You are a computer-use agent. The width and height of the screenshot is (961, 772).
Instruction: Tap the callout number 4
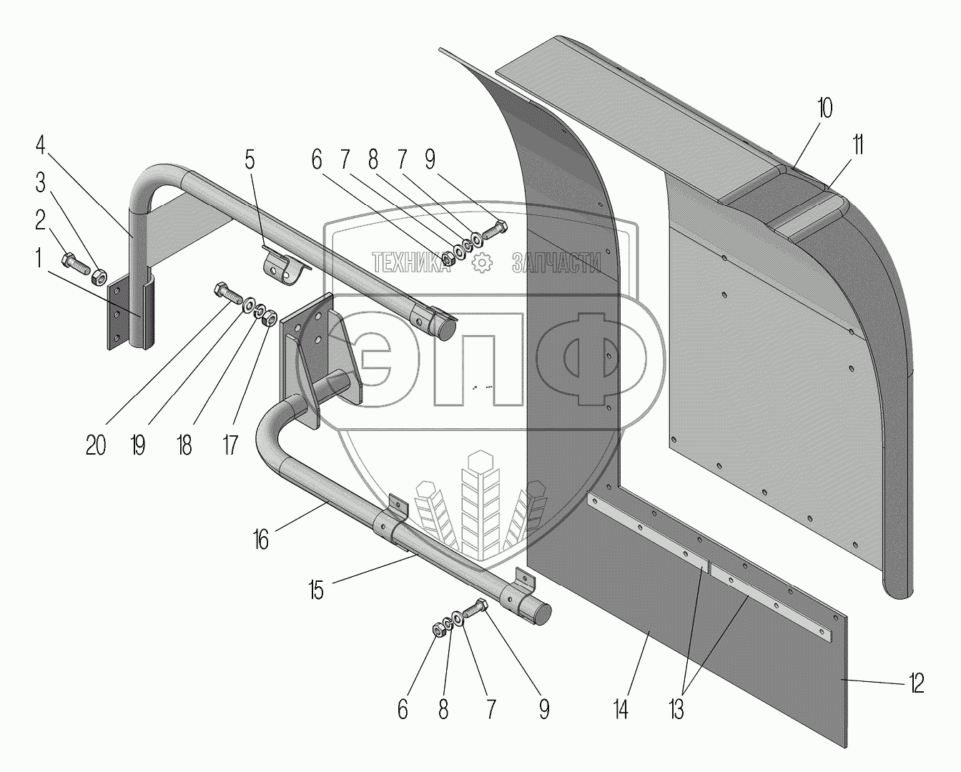[41, 150]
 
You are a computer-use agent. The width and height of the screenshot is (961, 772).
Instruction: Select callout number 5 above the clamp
[249, 159]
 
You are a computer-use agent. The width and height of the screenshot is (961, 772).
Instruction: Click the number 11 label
[857, 145]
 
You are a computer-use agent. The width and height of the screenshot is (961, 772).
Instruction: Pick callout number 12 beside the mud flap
[917, 683]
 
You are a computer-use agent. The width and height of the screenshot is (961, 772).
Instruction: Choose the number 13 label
[676, 710]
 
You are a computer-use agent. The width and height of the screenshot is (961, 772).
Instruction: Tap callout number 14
[621, 710]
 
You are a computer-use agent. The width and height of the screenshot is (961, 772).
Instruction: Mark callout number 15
[316, 590]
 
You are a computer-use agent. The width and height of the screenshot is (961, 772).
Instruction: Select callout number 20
[96, 445]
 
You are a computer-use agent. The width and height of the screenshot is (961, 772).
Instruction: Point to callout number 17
[230, 445]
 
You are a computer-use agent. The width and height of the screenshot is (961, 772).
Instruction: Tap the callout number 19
[137, 445]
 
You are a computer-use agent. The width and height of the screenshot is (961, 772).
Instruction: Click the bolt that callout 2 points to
[74, 263]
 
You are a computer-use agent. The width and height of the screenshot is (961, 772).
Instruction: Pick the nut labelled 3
[101, 275]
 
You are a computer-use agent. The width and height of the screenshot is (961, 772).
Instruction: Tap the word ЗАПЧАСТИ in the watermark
[556, 264]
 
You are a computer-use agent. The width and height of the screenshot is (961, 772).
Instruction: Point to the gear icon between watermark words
[484, 263]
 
